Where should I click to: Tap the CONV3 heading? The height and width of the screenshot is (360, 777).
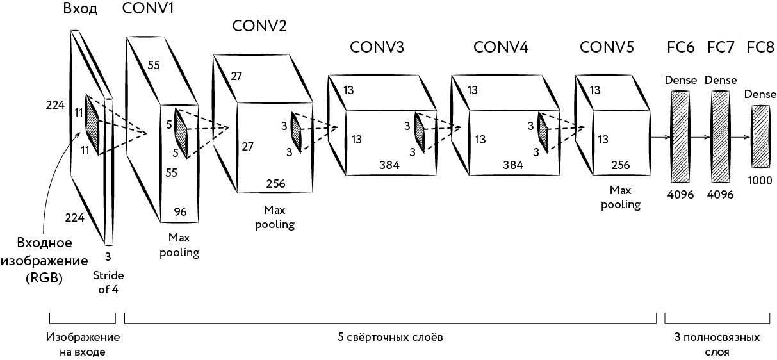click(x=377, y=48)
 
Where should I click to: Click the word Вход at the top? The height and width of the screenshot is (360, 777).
click(x=81, y=10)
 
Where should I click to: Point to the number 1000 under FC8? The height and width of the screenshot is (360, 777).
click(x=760, y=181)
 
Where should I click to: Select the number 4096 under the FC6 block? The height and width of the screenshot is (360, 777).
click(x=680, y=194)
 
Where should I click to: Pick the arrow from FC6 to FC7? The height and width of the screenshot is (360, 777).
click(x=700, y=137)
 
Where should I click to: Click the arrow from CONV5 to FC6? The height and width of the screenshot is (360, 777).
click(x=660, y=136)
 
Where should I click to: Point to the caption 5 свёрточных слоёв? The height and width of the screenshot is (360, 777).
click(x=390, y=336)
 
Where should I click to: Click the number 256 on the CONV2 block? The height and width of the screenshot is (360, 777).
click(x=275, y=184)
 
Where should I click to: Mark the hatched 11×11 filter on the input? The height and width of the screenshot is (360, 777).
click(x=92, y=125)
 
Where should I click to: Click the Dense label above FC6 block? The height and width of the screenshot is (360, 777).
click(x=680, y=81)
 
